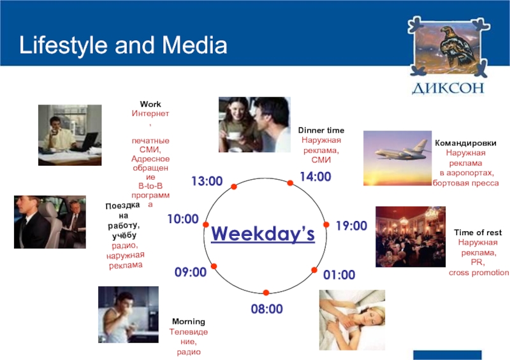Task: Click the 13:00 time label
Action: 207,181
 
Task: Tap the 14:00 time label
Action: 316,176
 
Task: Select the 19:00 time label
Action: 351,226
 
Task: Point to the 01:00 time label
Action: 339,275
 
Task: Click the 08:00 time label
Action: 266,309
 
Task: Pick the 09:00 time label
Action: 191,272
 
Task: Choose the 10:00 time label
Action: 183,219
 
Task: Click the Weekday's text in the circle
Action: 263,233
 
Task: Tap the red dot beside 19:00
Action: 326,224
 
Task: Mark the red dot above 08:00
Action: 266,292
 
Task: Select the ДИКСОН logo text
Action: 448,88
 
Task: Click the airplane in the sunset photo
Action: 402,151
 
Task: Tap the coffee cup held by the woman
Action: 234,135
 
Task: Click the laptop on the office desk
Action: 89,141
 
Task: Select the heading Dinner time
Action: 321,131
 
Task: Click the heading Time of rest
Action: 477,233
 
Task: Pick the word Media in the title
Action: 194,45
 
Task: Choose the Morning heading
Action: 189,322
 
